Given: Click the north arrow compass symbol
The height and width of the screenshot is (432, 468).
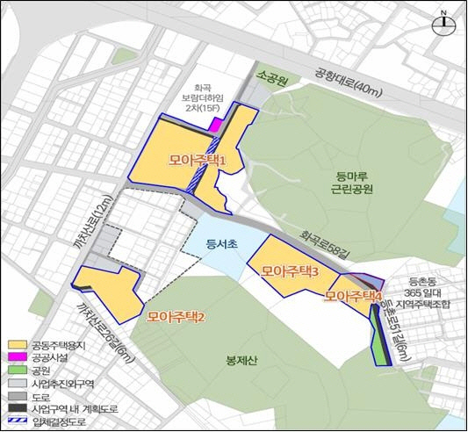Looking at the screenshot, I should click(x=444, y=24).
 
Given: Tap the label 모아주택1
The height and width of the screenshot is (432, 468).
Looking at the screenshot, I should click(x=198, y=162).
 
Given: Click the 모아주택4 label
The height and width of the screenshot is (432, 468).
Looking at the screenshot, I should click(x=354, y=295).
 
